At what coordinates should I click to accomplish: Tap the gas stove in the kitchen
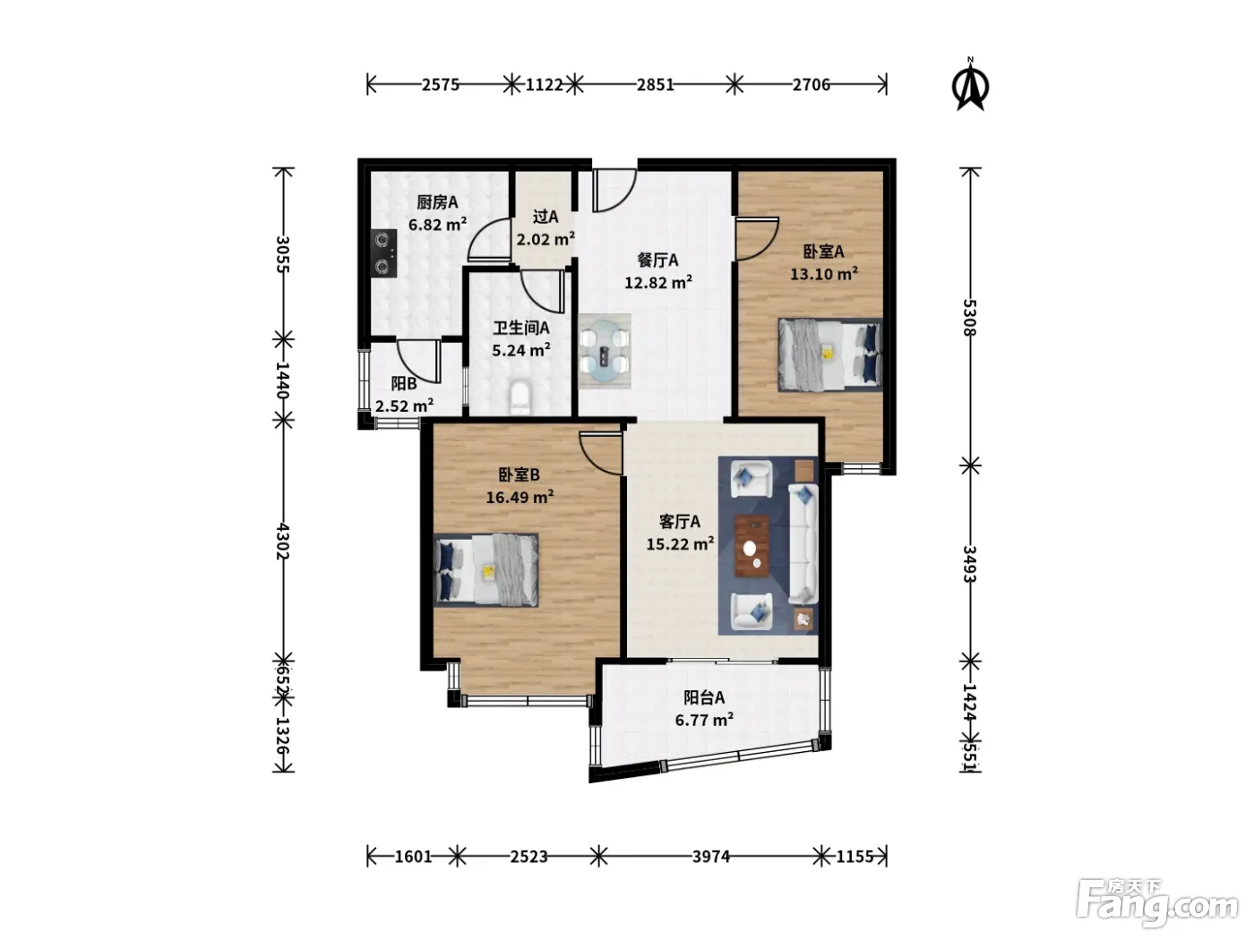coord(384,253)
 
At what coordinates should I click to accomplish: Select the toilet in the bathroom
coord(520,398)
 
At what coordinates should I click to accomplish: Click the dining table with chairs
coord(605,351)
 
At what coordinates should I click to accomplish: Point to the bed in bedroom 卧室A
coord(829,355)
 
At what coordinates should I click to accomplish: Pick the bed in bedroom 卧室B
coord(485,569)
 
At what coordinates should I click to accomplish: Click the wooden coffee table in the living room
coord(752,546)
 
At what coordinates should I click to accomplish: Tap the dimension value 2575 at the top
coord(441,84)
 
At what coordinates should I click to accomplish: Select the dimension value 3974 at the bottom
coord(711,856)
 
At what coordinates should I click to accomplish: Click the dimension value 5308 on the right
coord(969,317)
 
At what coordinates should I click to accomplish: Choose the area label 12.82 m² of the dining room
coord(658,282)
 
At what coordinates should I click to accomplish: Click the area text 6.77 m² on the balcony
coord(704,720)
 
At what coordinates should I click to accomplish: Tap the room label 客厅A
coord(679,521)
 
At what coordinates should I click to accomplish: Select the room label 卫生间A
coord(521,328)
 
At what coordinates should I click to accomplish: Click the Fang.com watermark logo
coord(1157,903)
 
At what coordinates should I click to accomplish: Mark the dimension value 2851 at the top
coord(656,84)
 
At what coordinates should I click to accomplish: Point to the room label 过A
coord(545,217)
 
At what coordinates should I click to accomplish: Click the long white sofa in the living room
coord(803,543)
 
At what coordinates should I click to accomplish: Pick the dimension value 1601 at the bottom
coord(413,856)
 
